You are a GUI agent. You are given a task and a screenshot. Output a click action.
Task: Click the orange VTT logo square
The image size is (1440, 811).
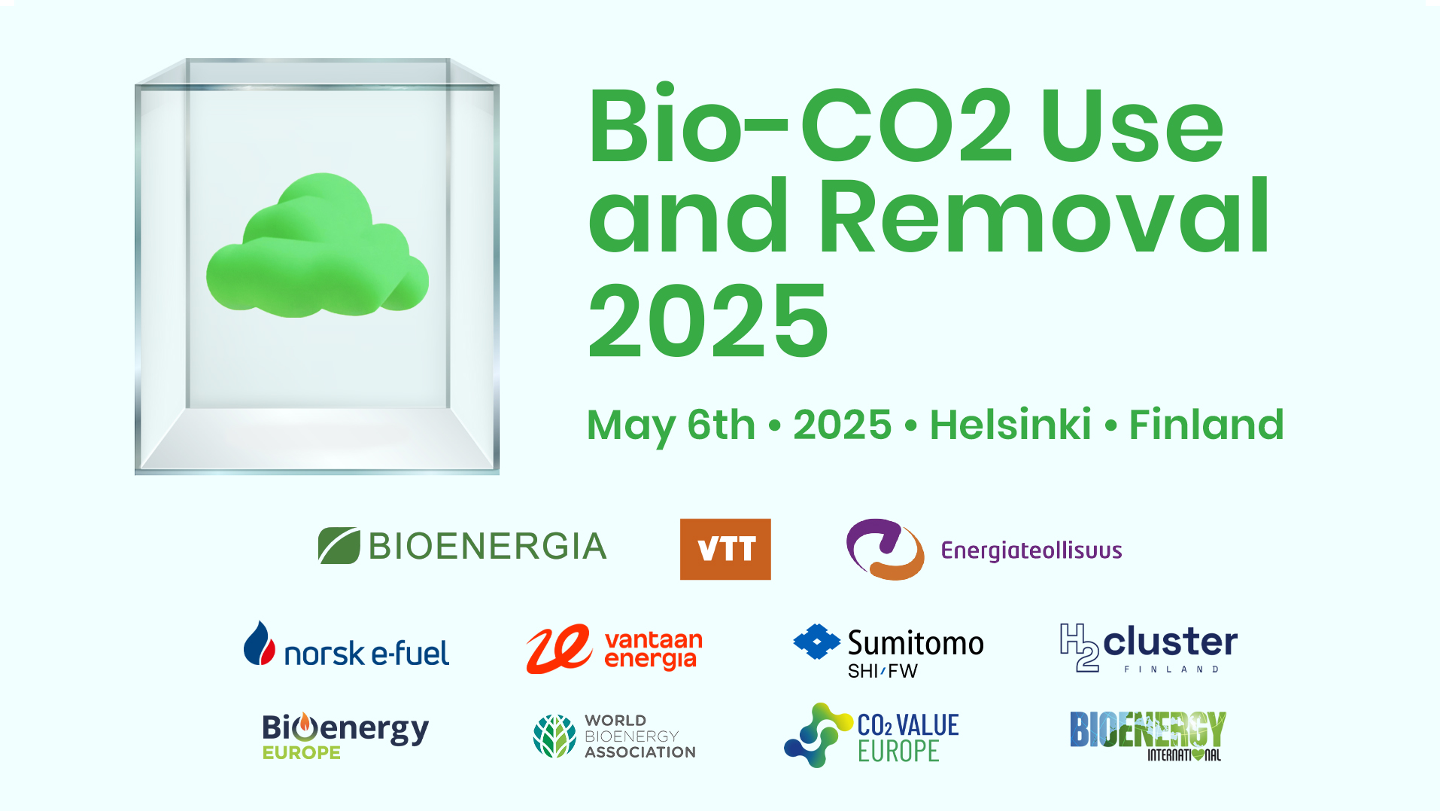(725, 549)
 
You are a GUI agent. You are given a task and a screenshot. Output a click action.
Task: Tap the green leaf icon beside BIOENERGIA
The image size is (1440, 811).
(339, 546)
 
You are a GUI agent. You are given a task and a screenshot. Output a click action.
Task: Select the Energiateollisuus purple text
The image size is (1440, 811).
(1031, 550)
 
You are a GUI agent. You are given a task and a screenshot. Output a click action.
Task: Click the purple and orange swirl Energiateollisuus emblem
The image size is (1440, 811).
(885, 549)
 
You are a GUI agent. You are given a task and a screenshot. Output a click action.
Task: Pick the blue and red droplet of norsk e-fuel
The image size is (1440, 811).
(260, 643)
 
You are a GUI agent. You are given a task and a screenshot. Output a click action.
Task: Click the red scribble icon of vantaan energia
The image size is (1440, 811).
(558, 648)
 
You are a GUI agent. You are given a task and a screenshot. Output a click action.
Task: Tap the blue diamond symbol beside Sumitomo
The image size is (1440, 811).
(816, 642)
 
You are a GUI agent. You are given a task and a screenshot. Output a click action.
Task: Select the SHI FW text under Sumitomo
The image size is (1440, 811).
(883, 671)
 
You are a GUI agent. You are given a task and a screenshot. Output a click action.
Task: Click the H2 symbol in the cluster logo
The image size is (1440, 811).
(1080, 647)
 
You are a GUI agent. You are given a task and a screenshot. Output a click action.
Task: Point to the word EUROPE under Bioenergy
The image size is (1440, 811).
(302, 752)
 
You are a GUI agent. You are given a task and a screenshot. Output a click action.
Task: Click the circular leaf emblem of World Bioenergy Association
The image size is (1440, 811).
(554, 736)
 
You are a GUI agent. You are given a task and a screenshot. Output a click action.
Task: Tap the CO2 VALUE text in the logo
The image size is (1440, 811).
(908, 725)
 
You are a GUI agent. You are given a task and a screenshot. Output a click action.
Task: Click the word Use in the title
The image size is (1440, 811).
(1132, 125)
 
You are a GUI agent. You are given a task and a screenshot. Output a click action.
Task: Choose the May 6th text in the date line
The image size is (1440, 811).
(671, 425)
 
